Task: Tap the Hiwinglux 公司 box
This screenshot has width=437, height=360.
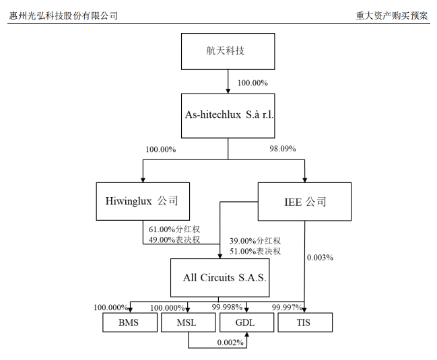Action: tap(142, 201)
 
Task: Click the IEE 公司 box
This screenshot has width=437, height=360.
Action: tap(305, 201)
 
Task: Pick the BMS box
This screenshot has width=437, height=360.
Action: tap(129, 322)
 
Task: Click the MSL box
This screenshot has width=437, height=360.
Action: tap(187, 322)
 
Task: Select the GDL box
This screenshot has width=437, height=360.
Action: tap(245, 322)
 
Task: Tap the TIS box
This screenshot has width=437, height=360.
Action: tap(304, 322)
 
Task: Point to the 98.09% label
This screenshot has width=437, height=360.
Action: tap(282, 148)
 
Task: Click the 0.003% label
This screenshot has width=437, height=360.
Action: tap(320, 257)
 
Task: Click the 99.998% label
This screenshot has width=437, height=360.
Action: tap(228, 308)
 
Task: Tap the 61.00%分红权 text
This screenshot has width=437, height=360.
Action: tap(174, 229)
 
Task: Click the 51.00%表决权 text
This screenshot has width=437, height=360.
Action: tap(255, 251)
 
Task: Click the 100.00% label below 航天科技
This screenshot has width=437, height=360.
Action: tap(253, 83)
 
